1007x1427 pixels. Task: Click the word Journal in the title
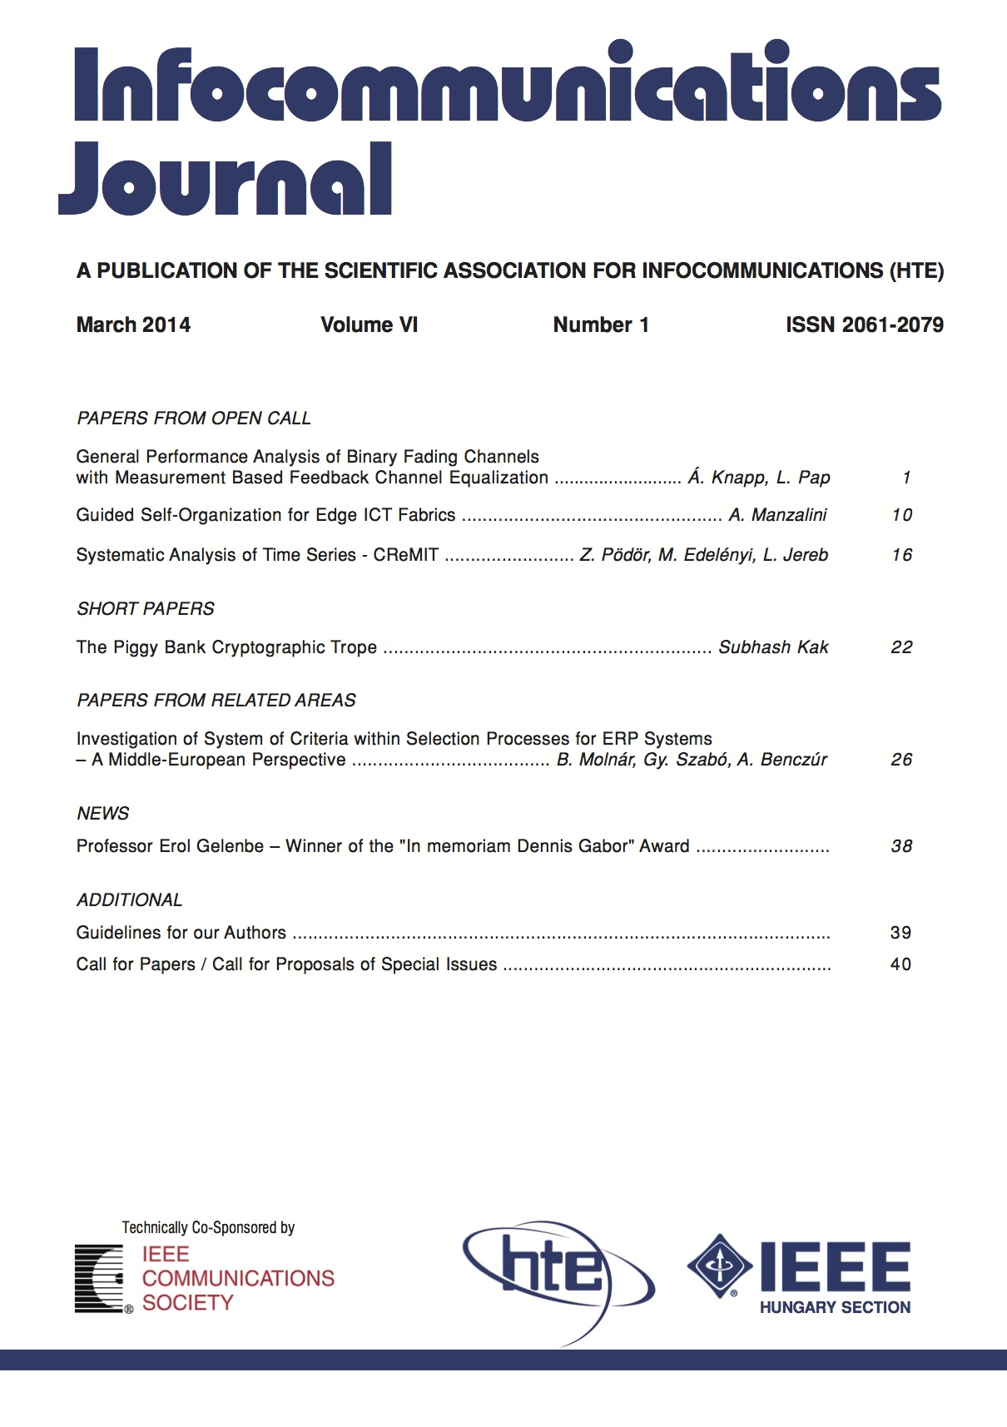225,179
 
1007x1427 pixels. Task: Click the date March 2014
133,325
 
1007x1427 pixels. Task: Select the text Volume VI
369,325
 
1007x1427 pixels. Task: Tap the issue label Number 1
601,325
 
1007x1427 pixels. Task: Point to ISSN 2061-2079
864,325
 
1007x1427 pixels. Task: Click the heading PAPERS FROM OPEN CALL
194,419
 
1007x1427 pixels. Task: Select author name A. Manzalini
777,515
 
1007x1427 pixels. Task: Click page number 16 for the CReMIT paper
902,555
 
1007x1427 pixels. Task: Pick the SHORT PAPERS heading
146,609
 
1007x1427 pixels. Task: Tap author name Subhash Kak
773,647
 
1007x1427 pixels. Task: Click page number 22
902,647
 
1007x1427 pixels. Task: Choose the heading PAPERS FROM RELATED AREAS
216,701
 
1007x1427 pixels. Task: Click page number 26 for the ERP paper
902,760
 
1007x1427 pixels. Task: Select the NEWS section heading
103,814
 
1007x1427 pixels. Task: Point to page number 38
902,846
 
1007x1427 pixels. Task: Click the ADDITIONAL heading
130,900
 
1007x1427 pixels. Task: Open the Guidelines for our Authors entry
181,933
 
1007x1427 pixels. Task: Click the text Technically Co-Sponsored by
208,1228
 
